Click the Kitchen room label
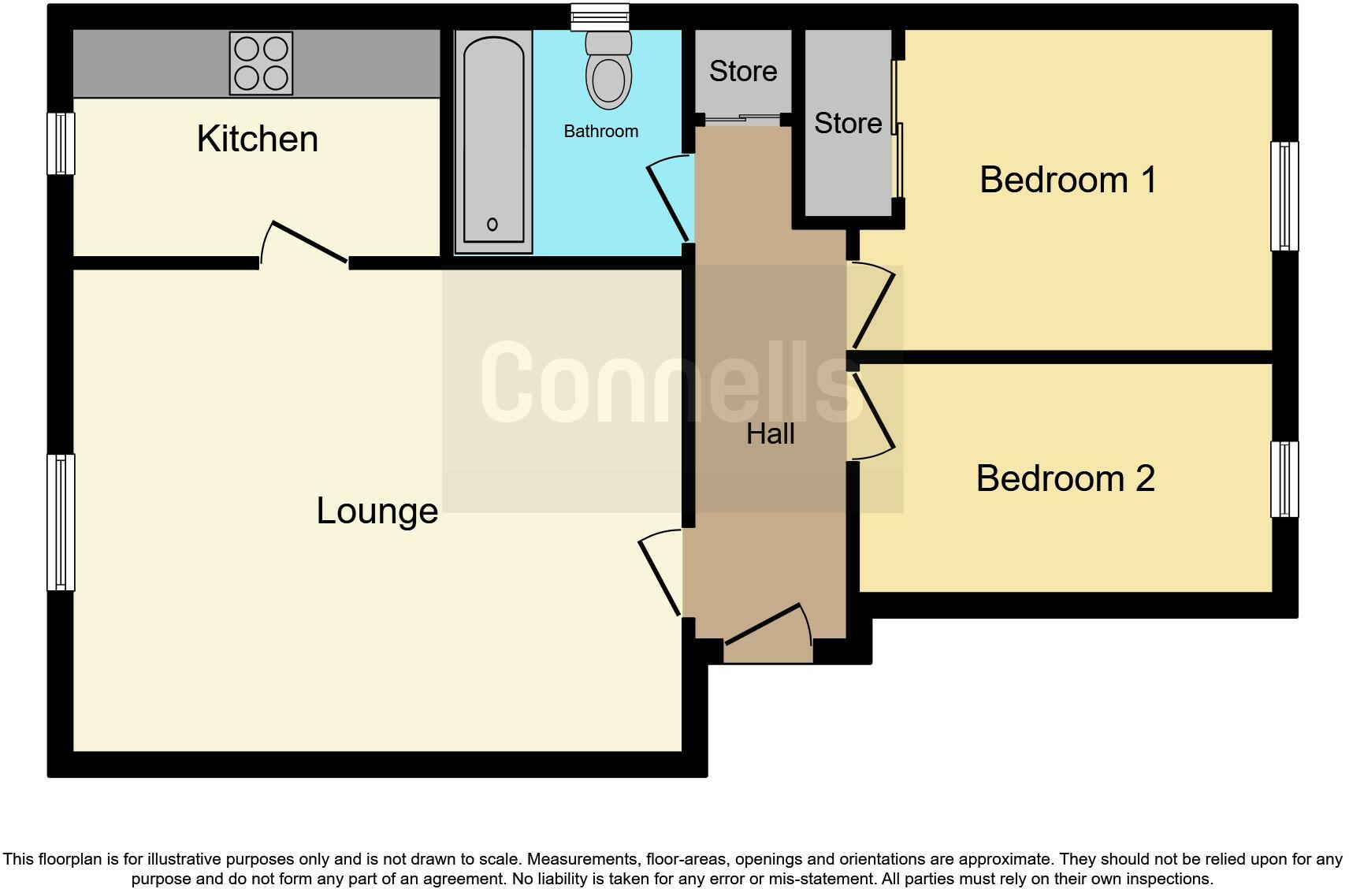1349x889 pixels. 257,139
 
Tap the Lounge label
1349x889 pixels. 377,511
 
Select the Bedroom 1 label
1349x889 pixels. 1068,180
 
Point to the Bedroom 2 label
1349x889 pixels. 1065,478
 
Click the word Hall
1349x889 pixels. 770,434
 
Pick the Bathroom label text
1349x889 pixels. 600,132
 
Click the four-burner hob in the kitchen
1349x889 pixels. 261,63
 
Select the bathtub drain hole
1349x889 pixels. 492,225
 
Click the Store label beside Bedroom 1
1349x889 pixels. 848,124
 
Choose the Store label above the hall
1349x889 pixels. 742,72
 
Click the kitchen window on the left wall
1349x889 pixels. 61,143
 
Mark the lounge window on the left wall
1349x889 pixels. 61,522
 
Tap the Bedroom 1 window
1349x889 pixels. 1284,196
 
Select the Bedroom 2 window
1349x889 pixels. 1284,479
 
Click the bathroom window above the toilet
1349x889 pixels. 600,17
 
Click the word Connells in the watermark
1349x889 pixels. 670,382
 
